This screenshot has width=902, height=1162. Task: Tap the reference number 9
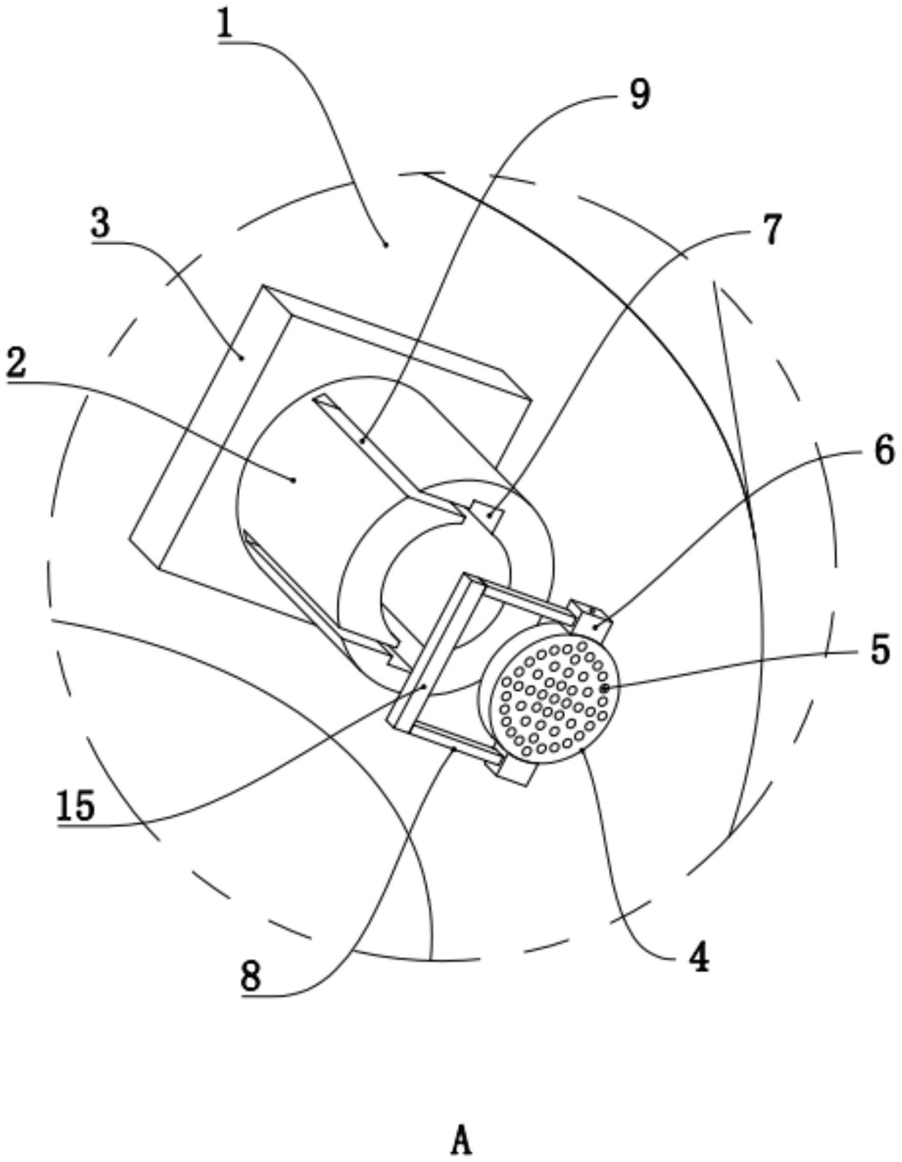(640, 95)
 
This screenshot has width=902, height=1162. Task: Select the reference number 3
(100, 223)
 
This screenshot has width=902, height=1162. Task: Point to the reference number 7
(772, 229)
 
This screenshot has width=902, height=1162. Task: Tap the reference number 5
(880, 650)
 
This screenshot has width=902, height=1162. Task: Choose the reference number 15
(75, 805)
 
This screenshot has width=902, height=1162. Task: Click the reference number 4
(698, 958)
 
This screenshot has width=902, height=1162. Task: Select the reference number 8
(250, 976)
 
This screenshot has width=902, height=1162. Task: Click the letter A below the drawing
(461, 1140)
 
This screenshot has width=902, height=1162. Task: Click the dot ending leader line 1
(385, 244)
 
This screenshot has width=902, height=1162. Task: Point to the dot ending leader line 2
(294, 480)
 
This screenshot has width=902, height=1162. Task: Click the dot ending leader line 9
(363, 441)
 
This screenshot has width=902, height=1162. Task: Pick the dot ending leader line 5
(604, 688)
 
